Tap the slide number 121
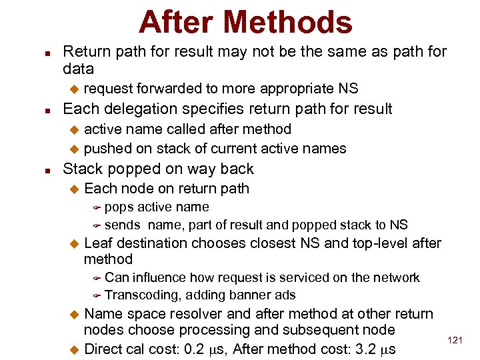pyautogui.click(x=455, y=341)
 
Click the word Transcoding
pyautogui.click(x=143, y=295)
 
